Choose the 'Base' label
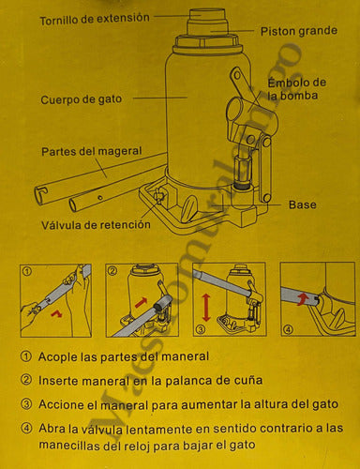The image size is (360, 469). pos(301,204)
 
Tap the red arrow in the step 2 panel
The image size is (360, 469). pos(139,303)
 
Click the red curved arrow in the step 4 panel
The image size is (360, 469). pos(303,298)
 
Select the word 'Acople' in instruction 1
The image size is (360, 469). pos(59,357)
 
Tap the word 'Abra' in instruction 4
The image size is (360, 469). pos(53,428)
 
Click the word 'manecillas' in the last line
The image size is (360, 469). pos(73,447)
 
